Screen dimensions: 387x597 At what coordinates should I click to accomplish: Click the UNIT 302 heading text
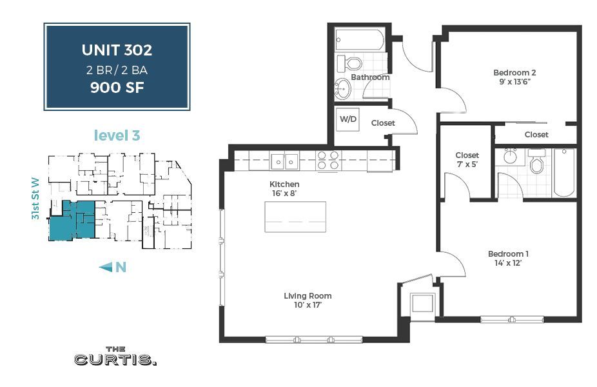pyautogui.click(x=117, y=50)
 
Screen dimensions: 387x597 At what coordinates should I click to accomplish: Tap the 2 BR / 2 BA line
pyautogui.click(x=117, y=70)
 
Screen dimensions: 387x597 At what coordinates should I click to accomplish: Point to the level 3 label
pyautogui.click(x=117, y=135)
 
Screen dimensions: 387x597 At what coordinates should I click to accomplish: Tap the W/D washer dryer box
pyautogui.click(x=348, y=119)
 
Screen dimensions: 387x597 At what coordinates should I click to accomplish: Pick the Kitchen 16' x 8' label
pyautogui.click(x=284, y=188)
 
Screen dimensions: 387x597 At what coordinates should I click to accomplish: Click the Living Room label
pyautogui.click(x=308, y=300)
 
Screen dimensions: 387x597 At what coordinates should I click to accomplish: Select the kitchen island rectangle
pyautogui.click(x=295, y=217)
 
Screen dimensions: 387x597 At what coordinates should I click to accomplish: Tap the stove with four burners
pyautogui.click(x=328, y=160)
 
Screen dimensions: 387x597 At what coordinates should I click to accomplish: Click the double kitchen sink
pyautogui.click(x=284, y=160)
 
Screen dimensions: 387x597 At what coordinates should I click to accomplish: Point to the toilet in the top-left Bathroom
pyautogui.click(x=352, y=63)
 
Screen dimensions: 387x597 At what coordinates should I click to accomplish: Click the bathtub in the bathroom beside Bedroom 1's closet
pyautogui.click(x=563, y=172)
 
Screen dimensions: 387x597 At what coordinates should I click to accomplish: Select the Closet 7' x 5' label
pyautogui.click(x=467, y=159)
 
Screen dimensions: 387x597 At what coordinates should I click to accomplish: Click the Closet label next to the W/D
pyautogui.click(x=383, y=123)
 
